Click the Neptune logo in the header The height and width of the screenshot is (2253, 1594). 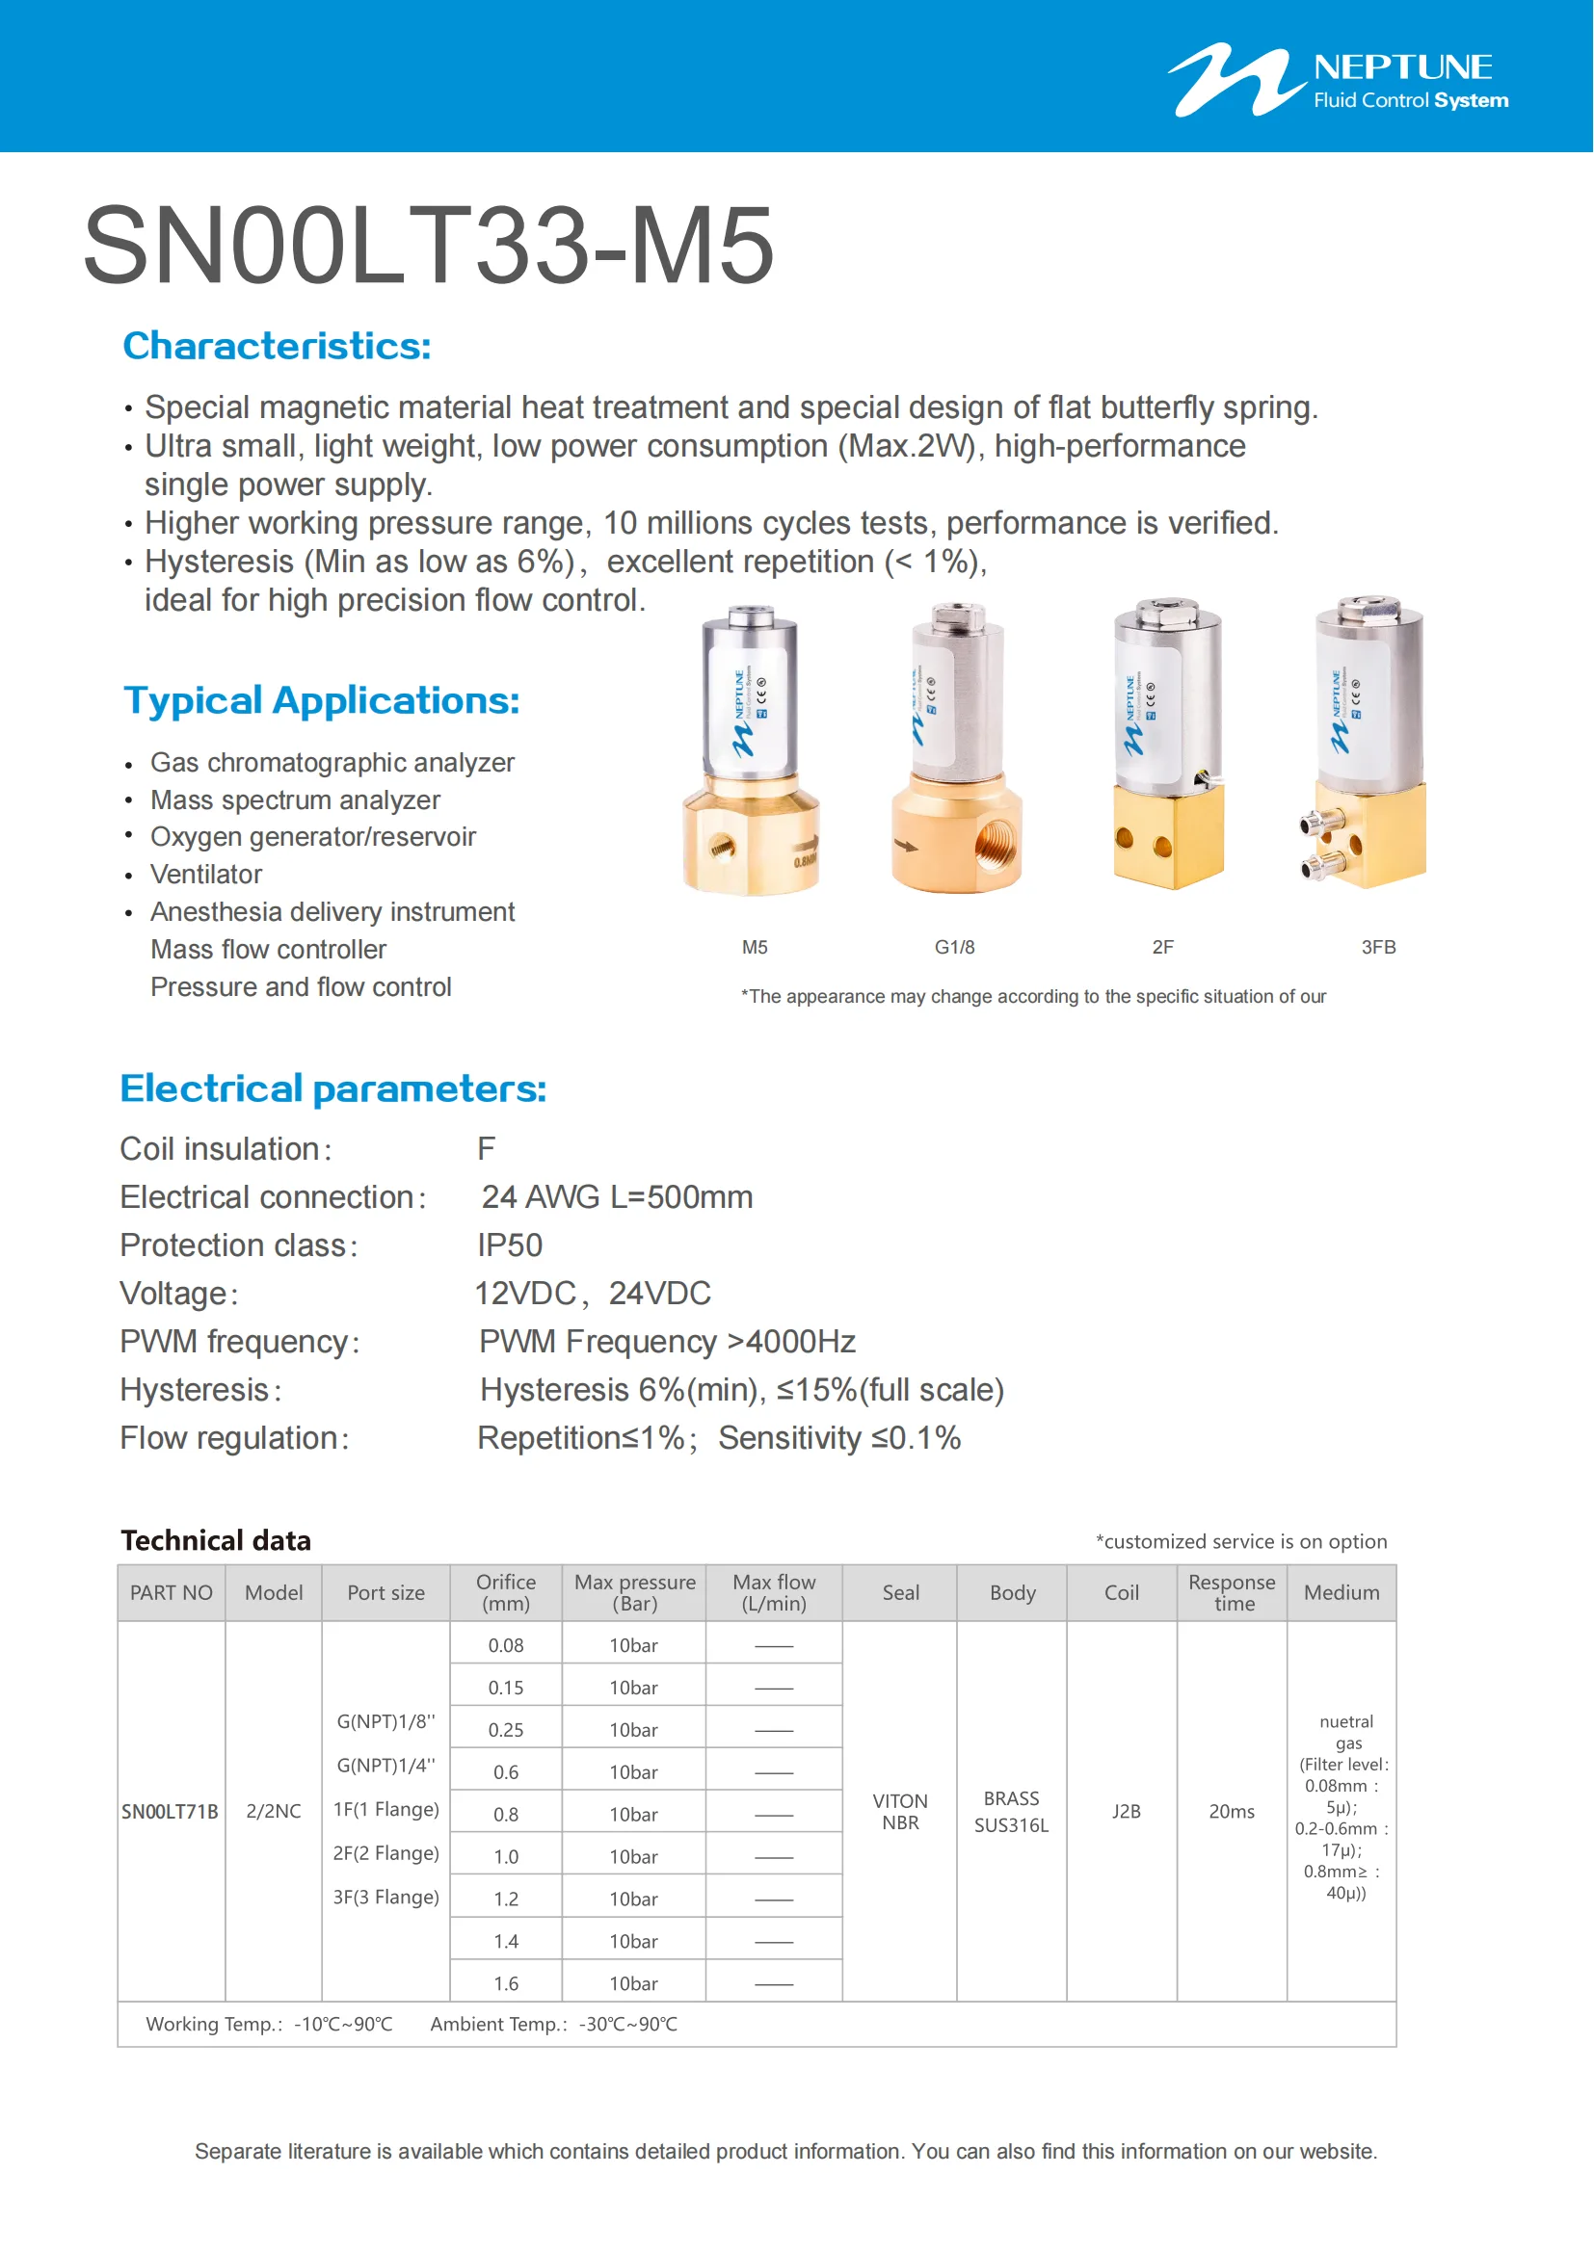point(1337,81)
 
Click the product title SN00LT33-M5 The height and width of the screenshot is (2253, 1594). point(429,246)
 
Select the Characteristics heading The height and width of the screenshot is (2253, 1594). point(277,346)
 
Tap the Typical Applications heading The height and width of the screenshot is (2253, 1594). point(321,700)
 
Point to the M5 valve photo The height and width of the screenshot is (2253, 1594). point(752,750)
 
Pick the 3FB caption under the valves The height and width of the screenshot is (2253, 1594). point(1378,947)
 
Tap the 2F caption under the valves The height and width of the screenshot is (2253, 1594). point(1162,947)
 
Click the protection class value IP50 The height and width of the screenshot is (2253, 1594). point(510,1245)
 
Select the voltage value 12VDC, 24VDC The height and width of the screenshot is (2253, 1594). point(593,1294)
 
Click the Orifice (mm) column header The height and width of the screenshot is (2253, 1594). point(506,1592)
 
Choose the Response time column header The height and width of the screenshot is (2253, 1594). point(1232,1592)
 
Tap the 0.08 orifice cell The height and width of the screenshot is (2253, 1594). point(506,1645)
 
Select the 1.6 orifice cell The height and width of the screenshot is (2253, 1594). point(506,1983)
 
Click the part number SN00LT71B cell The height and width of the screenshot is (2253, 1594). point(170,1812)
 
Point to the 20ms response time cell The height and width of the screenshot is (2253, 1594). point(1232,1812)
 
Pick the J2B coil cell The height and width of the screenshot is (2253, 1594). point(1126,1812)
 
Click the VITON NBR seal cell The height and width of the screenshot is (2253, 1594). point(900,1812)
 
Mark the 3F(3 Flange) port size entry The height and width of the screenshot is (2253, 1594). point(385,1897)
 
